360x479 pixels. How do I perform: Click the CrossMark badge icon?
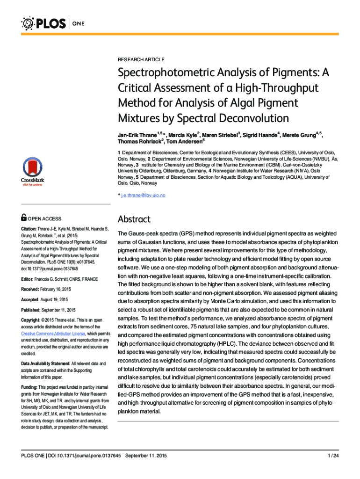(x=32, y=171)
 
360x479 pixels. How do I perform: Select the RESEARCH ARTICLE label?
(x=141, y=59)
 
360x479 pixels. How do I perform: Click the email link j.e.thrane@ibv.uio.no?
(x=143, y=195)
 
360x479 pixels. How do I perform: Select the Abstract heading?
(x=134, y=219)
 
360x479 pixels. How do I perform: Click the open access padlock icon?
(x=24, y=218)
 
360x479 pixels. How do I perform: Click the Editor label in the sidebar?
(x=28, y=279)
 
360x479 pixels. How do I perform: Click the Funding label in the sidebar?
(x=29, y=387)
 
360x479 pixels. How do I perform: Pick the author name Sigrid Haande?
(x=259, y=135)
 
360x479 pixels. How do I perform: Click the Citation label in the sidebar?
(x=30, y=229)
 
